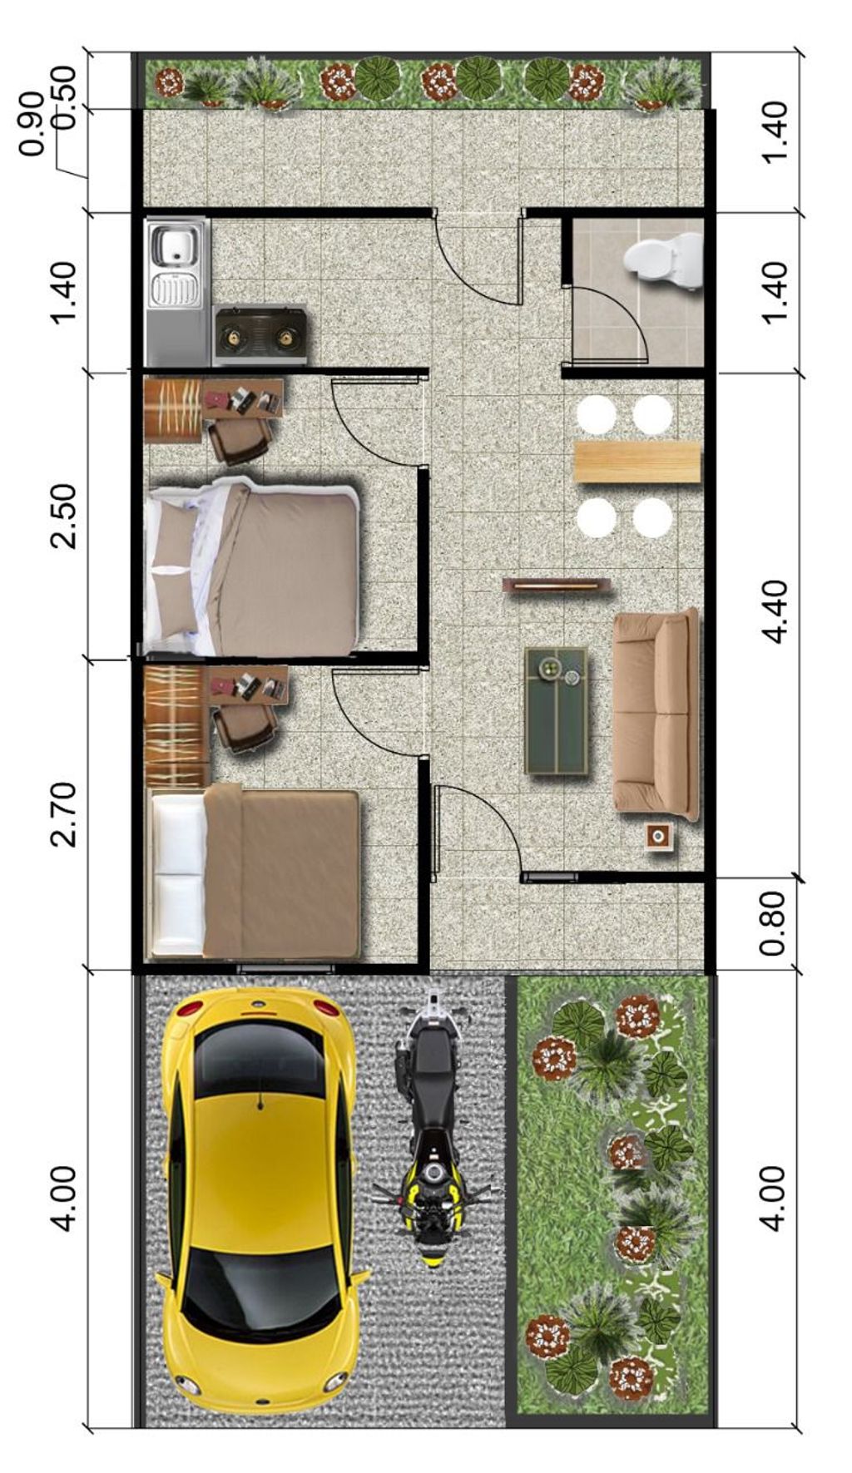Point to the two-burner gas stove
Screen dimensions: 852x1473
pyautogui.click(x=260, y=336)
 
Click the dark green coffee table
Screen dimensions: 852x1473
pyautogui.click(x=556, y=710)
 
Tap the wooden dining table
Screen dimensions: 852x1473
pyautogui.click(x=637, y=462)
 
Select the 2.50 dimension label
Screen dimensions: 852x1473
pyautogui.click(x=62, y=516)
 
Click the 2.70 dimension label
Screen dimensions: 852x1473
pyautogui.click(x=62, y=814)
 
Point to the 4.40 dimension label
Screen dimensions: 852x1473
pyautogui.click(x=775, y=611)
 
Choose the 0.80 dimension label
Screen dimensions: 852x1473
pyautogui.click(x=773, y=923)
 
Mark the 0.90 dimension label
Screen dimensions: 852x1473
pyautogui.click(x=32, y=125)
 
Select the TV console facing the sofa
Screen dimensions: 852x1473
pyautogui.click(x=555, y=586)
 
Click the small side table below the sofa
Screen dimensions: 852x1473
pyautogui.click(x=659, y=837)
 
